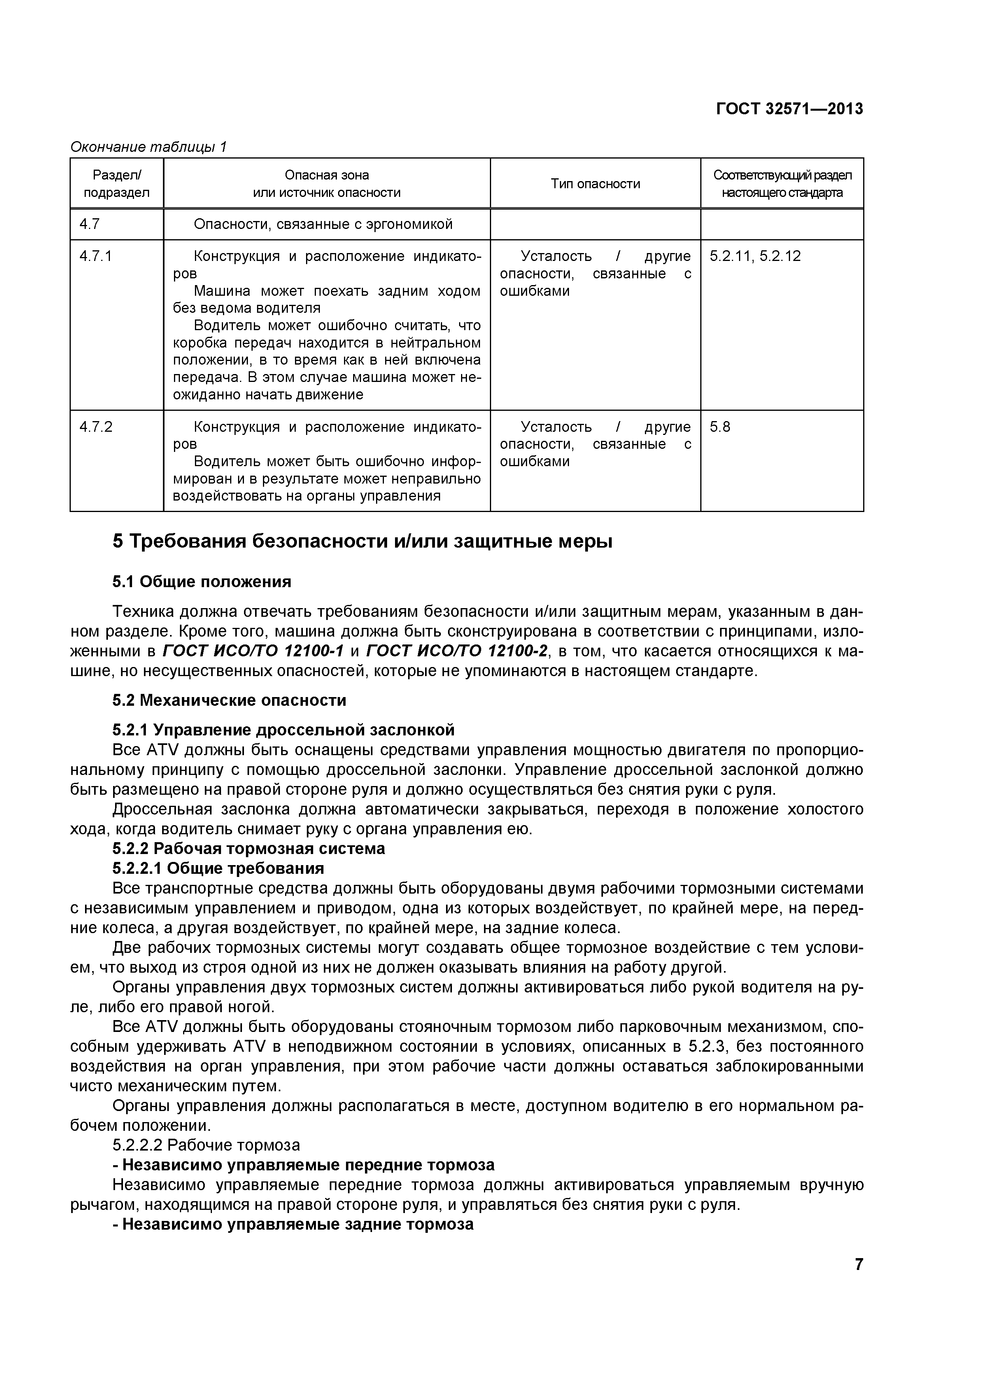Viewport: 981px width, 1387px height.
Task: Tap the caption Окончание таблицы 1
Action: (149, 147)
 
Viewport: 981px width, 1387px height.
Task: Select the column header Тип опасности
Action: (595, 183)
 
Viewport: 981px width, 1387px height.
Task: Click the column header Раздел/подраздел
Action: (117, 183)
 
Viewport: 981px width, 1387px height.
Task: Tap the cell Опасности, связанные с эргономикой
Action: (323, 225)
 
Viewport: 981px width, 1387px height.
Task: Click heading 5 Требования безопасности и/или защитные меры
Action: (363, 541)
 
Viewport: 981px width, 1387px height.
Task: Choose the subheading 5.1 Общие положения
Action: (202, 582)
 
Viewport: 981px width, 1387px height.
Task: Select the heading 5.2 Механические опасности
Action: (230, 701)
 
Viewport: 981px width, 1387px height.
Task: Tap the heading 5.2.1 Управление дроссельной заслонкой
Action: (283, 730)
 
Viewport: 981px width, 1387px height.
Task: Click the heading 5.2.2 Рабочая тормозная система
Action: (248, 849)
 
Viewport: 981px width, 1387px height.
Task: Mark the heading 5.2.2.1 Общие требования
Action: (218, 868)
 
